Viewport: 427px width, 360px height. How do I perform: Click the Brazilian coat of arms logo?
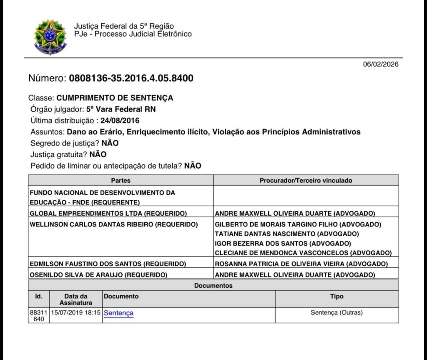coord(50,38)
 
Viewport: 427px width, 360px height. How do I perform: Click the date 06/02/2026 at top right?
coord(381,64)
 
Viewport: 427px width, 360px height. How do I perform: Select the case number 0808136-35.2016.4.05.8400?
coord(131,78)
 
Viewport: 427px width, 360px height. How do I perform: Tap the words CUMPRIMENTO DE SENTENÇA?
coord(115,98)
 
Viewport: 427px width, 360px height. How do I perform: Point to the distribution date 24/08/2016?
coord(120,121)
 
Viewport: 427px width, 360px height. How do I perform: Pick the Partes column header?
coord(121,181)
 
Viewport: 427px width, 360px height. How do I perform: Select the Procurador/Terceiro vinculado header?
coord(306,181)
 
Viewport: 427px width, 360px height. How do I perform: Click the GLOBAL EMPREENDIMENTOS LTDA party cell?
coord(108,214)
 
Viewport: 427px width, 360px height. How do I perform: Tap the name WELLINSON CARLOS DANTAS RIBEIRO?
coord(113,224)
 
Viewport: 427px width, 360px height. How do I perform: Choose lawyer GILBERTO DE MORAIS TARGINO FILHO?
coord(298,224)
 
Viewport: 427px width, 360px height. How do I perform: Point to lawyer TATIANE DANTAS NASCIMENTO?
coord(287,234)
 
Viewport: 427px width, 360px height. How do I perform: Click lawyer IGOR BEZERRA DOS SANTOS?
coord(283,243)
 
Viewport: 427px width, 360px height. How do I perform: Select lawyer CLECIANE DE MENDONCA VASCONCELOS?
coord(303,253)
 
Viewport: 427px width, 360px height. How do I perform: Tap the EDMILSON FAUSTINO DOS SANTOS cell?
coord(108,264)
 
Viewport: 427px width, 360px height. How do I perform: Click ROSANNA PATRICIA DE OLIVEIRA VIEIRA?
coord(301,264)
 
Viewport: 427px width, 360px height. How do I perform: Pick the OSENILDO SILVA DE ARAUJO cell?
coord(98,275)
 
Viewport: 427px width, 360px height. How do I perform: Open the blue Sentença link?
coord(119,313)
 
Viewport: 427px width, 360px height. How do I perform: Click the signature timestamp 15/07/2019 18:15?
coord(75,312)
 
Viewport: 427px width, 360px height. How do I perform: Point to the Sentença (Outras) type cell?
coord(337,312)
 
